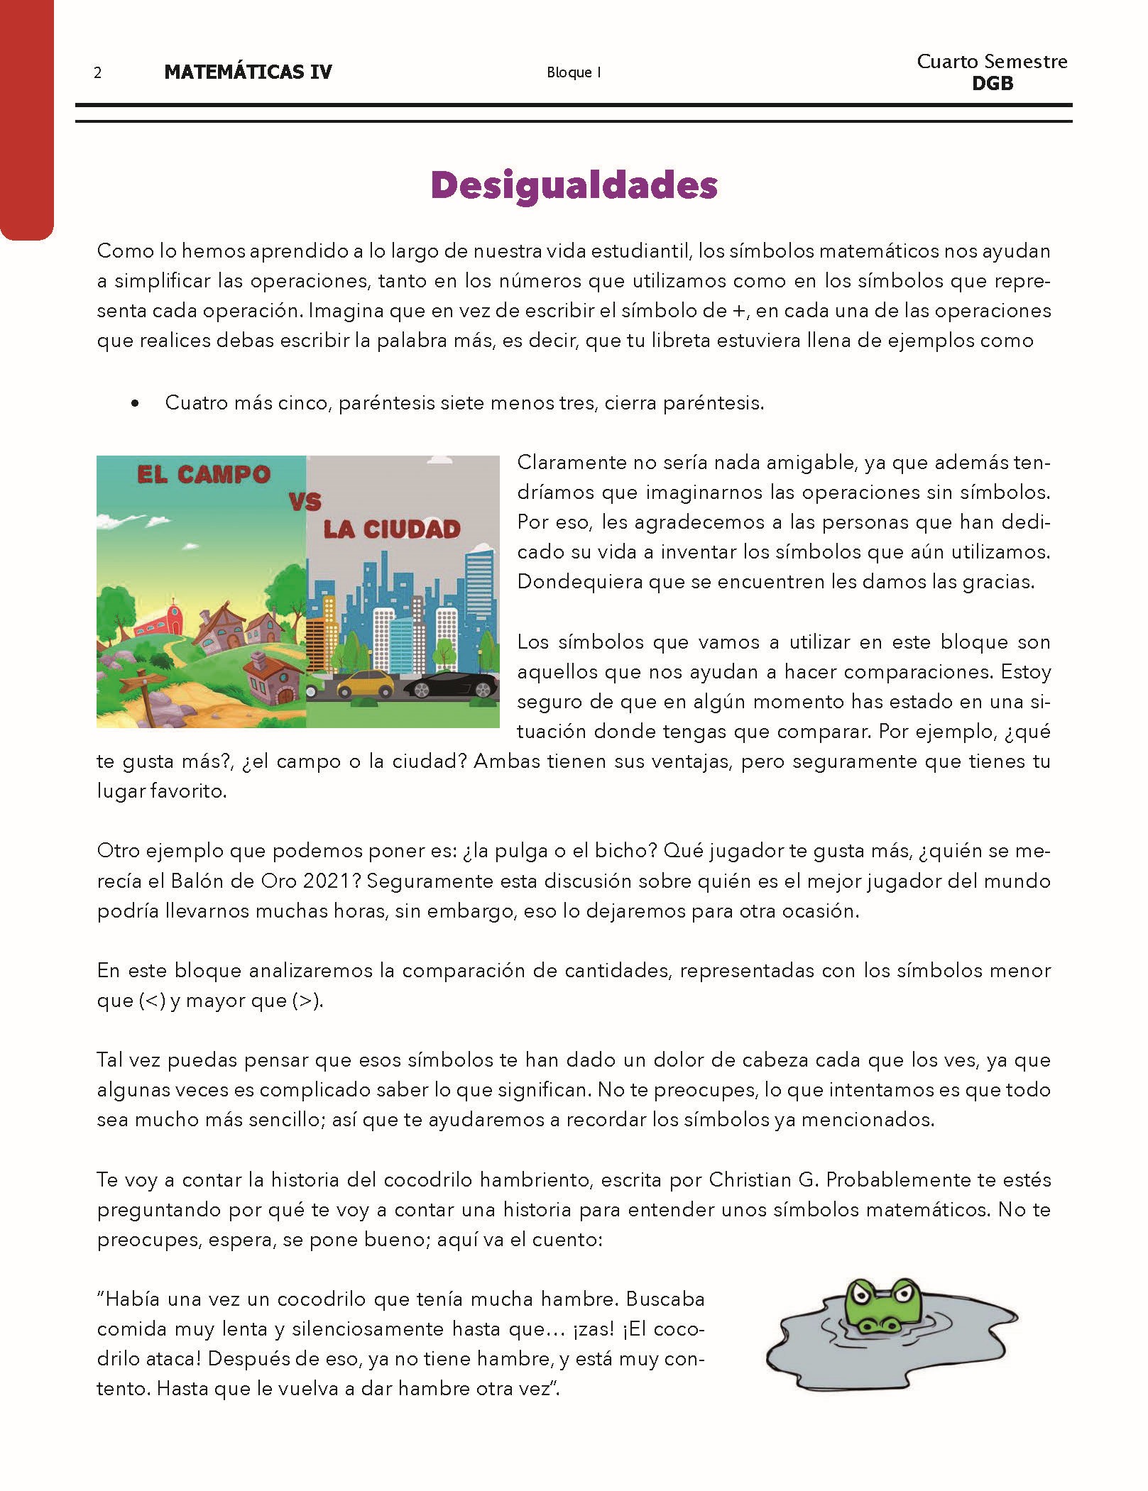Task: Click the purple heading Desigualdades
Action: (574, 185)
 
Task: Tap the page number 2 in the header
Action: (98, 72)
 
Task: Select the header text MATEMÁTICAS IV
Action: (248, 72)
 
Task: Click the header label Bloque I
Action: (574, 72)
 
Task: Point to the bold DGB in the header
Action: (992, 84)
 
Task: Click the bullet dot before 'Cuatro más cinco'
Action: (135, 404)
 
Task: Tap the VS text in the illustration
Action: (305, 502)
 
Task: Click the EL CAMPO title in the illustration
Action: (204, 475)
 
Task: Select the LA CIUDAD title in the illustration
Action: (392, 529)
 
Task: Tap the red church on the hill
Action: (160, 622)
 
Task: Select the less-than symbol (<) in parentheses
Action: (152, 1001)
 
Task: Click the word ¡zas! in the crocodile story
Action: (584, 1329)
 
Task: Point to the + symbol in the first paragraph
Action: (738, 311)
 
